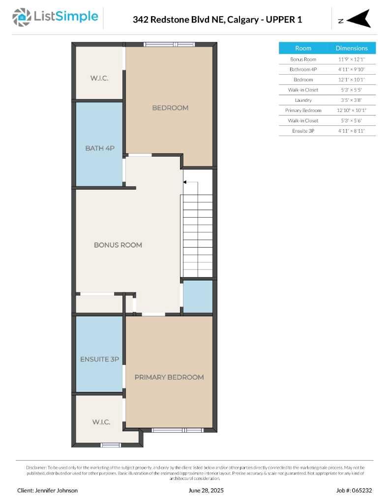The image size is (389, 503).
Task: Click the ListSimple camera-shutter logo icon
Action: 21,17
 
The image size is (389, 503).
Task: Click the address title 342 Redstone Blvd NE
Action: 217,20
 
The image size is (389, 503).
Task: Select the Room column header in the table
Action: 303,48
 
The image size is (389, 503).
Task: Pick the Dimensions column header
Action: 351,48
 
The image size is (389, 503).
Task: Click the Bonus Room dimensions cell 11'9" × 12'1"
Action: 351,59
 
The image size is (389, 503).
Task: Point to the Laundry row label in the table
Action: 303,100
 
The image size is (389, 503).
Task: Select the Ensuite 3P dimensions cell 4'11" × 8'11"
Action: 351,131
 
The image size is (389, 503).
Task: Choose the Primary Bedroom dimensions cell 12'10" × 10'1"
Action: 351,111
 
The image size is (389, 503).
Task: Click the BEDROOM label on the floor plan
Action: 170,108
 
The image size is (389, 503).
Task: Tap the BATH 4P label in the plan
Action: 99,148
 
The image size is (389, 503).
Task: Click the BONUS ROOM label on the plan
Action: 118,245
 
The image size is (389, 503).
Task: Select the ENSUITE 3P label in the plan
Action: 99,360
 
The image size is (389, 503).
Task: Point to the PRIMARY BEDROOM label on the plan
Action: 169,377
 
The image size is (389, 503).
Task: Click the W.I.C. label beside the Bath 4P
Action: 99,79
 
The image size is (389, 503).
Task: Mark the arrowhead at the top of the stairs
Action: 185,182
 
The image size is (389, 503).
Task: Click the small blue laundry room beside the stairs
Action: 198,297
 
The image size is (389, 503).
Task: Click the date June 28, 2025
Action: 206,490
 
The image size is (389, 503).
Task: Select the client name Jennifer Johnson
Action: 47,490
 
